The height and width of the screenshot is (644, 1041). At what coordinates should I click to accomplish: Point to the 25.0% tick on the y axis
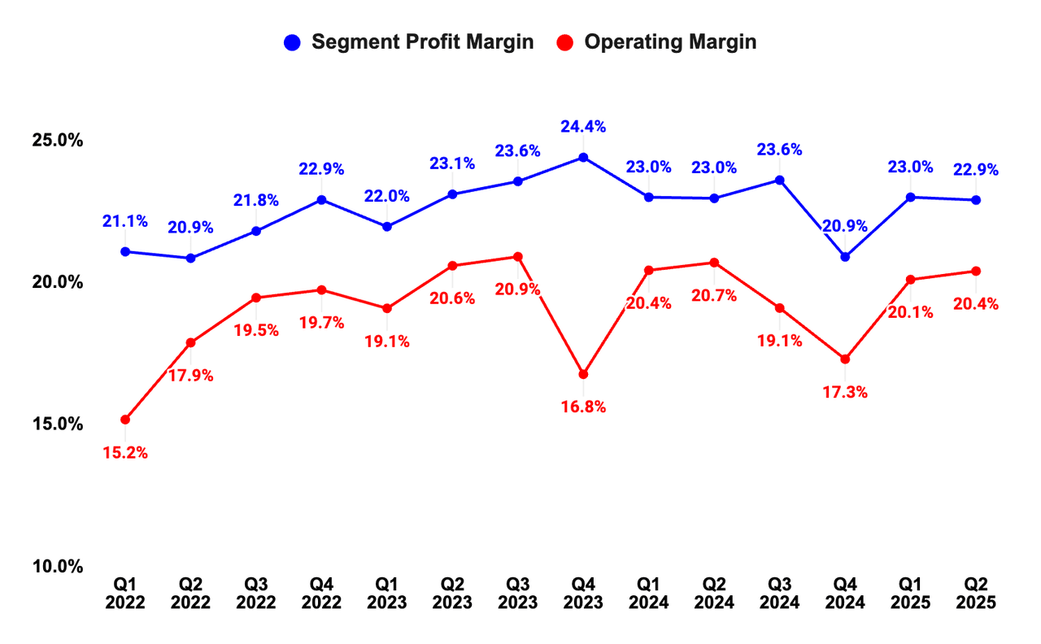click(57, 140)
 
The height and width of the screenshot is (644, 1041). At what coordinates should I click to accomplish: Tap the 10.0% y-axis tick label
click(57, 566)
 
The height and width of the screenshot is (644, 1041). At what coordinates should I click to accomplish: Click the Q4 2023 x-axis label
click(583, 594)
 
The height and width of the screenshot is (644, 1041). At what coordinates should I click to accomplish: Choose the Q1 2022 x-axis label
click(125, 594)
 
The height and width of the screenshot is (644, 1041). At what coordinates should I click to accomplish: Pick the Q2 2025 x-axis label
click(976, 594)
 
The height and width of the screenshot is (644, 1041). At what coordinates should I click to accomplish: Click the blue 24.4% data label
click(583, 127)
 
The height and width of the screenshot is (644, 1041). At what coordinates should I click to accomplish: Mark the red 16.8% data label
click(583, 407)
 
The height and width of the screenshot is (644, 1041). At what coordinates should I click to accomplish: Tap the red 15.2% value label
click(125, 453)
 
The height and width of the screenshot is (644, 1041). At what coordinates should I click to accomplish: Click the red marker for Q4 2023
click(583, 375)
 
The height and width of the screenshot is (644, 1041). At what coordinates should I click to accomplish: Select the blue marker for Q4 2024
click(845, 257)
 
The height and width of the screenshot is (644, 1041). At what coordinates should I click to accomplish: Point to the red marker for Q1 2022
click(125, 420)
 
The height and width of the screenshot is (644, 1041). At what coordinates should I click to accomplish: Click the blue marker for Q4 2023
click(583, 157)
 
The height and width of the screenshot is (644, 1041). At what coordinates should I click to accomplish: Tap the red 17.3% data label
click(845, 392)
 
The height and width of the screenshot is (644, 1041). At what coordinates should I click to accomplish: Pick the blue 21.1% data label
click(125, 220)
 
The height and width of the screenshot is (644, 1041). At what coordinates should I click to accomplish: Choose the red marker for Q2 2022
click(190, 342)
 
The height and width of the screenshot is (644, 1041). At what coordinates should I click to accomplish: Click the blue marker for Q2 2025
click(976, 200)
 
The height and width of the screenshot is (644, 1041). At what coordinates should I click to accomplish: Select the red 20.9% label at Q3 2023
click(518, 289)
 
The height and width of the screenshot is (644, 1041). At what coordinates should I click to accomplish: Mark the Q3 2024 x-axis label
click(780, 594)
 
